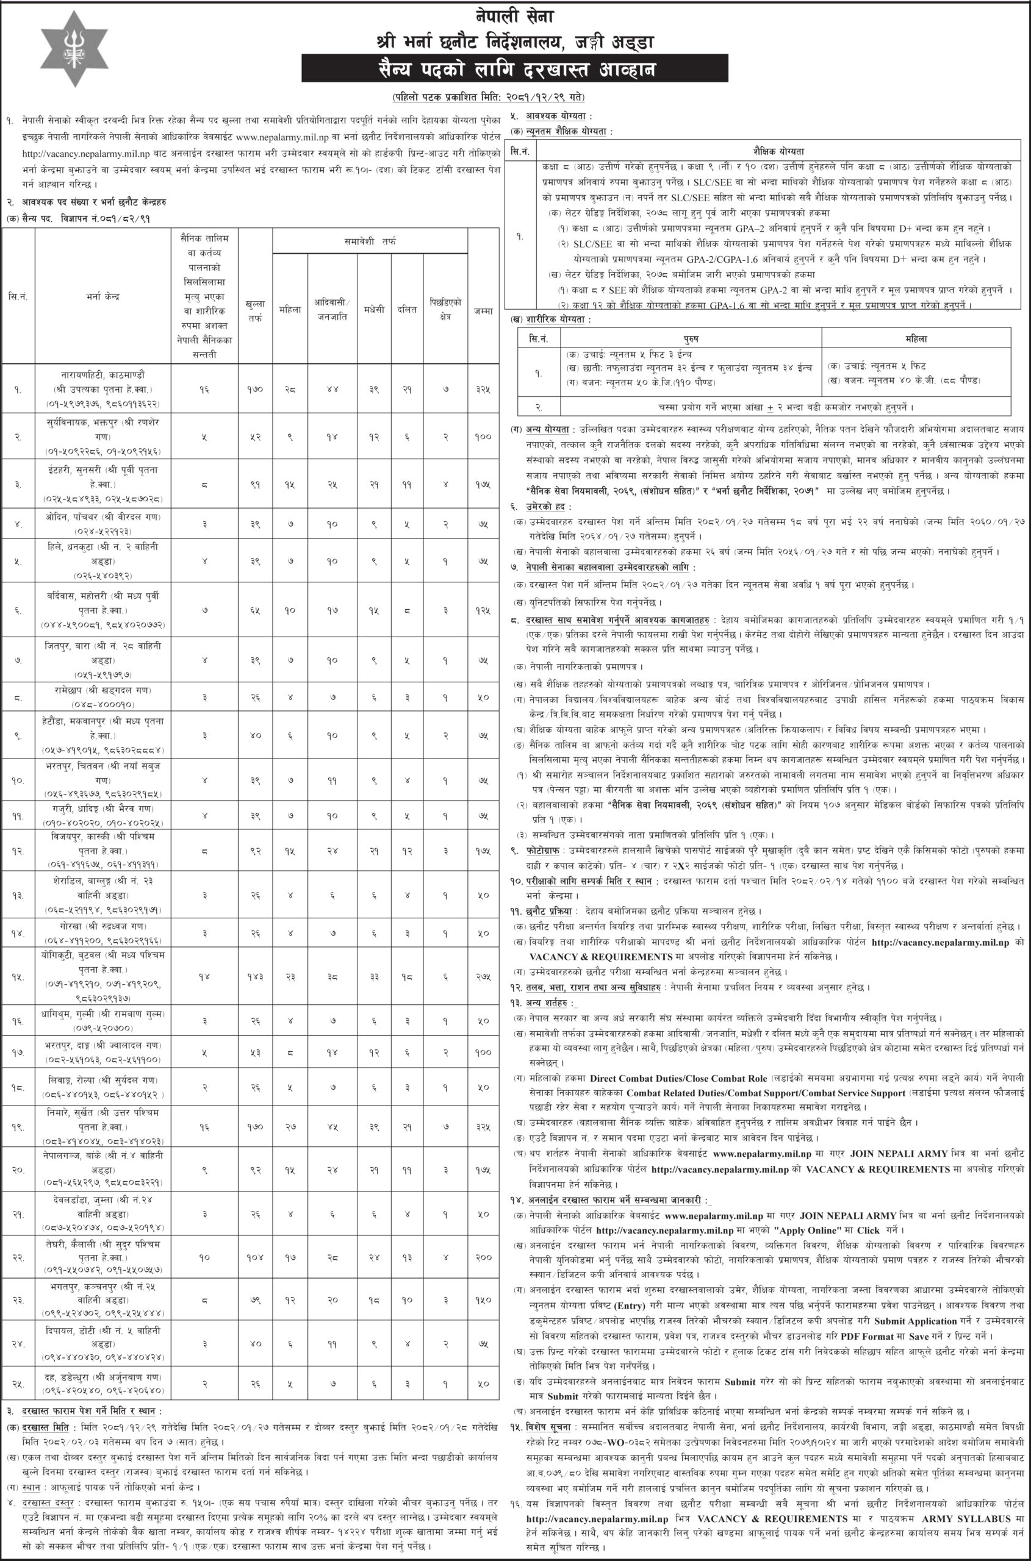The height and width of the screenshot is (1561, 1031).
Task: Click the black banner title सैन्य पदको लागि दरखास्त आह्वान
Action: (515, 68)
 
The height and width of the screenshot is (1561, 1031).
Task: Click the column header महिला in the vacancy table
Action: (290, 309)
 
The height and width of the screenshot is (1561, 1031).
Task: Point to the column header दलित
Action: (406, 309)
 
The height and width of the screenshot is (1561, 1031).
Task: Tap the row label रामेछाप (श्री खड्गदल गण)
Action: (103, 690)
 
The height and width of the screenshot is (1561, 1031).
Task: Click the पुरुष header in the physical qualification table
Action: (691, 338)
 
